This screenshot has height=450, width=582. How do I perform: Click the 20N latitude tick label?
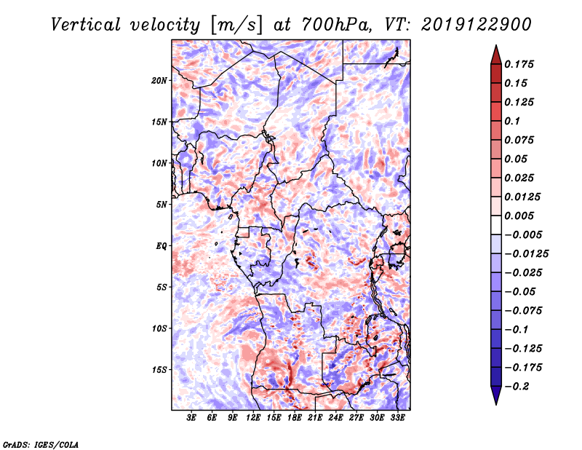[159, 80]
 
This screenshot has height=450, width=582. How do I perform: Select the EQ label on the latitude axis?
[162, 246]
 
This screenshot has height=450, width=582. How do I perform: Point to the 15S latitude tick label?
[159, 370]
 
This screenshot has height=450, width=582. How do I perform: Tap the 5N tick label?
[162, 205]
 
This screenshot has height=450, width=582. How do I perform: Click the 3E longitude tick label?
[191, 418]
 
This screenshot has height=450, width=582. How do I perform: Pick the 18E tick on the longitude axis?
[294, 418]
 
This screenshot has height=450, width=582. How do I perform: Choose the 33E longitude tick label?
[397, 418]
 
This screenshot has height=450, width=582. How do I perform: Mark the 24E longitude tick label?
[335, 418]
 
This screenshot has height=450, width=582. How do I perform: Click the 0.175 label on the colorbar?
[519, 64]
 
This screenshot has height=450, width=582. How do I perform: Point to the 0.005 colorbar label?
[519, 216]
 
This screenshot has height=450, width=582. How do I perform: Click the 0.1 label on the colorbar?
[512, 121]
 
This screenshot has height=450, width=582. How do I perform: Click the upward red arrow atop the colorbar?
[496, 55]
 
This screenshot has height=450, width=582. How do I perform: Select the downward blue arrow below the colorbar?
[496, 395]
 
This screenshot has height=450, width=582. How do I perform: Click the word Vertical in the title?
[86, 25]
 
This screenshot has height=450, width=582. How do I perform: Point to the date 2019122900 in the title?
[477, 25]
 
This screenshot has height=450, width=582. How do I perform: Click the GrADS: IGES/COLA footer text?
[41, 444]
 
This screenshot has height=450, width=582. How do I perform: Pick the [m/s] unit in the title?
[236, 25]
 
